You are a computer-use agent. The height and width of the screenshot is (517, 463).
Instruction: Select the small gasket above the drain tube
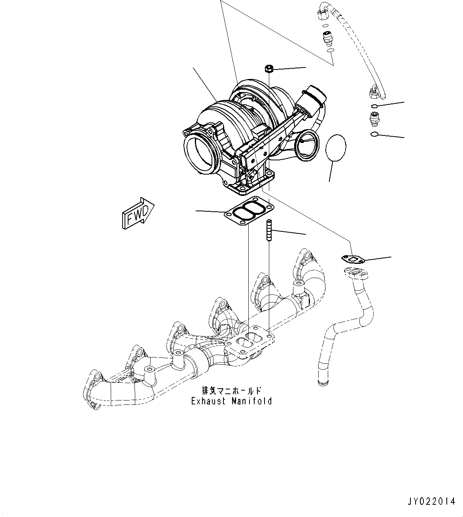(x=352, y=259)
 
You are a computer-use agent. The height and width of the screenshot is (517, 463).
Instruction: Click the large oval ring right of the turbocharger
(x=336, y=148)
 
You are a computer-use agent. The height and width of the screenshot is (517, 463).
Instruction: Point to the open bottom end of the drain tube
(x=323, y=382)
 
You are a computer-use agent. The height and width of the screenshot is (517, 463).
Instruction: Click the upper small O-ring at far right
(x=374, y=106)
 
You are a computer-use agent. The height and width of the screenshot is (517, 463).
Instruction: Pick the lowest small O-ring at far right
(x=374, y=135)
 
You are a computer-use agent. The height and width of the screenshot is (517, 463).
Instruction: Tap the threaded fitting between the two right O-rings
(x=374, y=118)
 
